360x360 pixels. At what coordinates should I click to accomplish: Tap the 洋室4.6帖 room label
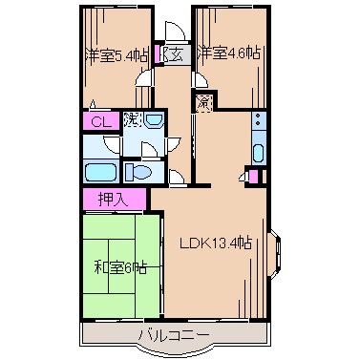click(229, 54)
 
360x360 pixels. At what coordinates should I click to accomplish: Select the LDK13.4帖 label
click(217, 243)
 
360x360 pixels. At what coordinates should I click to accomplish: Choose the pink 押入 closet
click(112, 199)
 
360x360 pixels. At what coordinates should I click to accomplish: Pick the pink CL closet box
click(99, 121)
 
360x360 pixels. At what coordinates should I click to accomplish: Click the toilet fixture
click(138, 172)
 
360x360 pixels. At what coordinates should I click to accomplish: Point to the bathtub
click(101, 172)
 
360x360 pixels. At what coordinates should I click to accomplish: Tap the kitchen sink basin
click(257, 151)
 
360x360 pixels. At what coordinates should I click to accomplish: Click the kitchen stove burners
click(257, 121)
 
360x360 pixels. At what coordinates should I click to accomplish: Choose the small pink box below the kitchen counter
click(251, 176)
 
